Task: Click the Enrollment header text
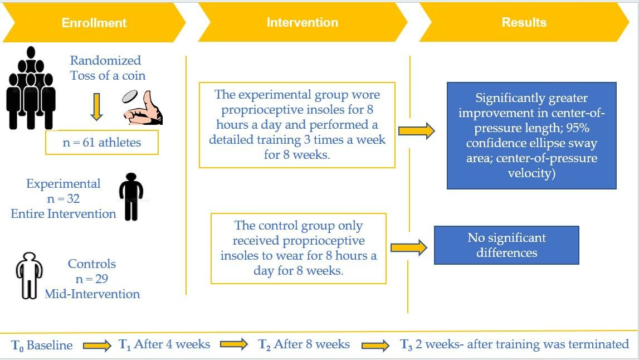click(x=94, y=23)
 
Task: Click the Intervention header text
click(x=302, y=23)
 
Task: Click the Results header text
click(x=524, y=23)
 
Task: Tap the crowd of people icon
click(x=31, y=88)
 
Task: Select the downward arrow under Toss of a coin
click(x=96, y=106)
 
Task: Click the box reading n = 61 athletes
click(x=101, y=143)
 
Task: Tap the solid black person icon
click(x=131, y=197)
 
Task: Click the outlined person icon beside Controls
click(x=28, y=275)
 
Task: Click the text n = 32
click(x=64, y=198)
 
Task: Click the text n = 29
click(x=92, y=279)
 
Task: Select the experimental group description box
click(x=297, y=125)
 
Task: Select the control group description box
click(x=298, y=249)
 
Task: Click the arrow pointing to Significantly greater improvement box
click(x=417, y=132)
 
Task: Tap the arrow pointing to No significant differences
click(x=409, y=248)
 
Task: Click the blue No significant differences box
click(x=506, y=245)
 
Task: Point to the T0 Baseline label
click(x=42, y=345)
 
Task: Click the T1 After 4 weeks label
click(x=164, y=344)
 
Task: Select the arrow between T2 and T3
click(x=375, y=346)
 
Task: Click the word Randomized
click(x=106, y=60)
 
